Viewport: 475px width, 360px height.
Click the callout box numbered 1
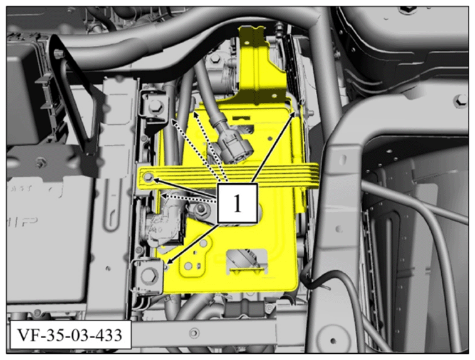point(237,203)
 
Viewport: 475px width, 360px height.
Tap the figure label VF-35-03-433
point(70,335)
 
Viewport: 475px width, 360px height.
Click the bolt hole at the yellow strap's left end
point(149,178)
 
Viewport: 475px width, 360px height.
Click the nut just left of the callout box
point(201,209)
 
